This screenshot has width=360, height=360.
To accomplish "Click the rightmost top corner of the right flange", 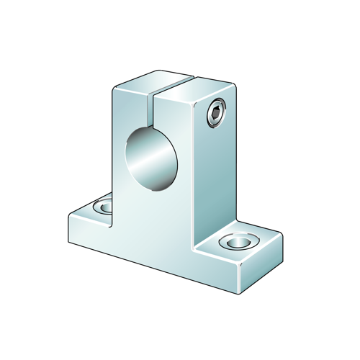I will point(281,232).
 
